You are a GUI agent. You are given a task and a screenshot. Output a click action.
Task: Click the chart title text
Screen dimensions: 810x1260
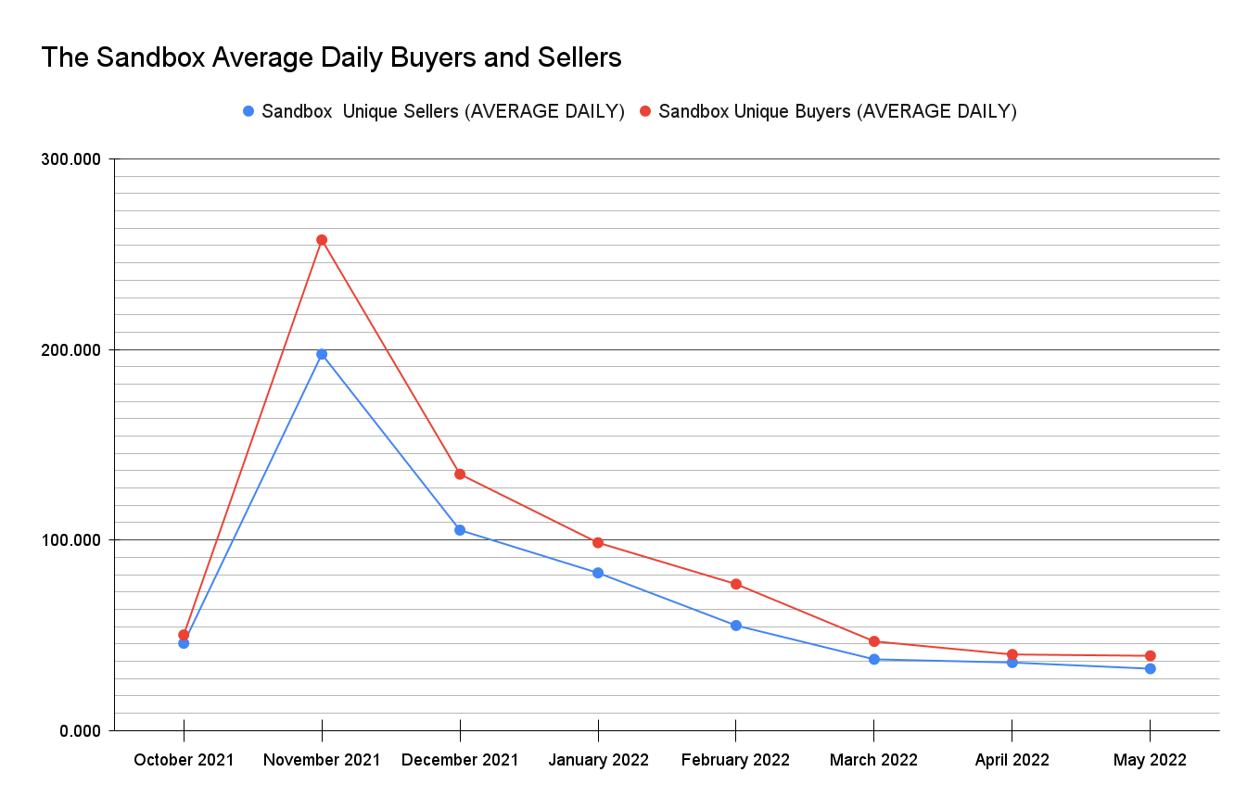click(331, 58)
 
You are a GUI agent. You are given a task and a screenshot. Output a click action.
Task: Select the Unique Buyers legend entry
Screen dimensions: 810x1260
click(837, 111)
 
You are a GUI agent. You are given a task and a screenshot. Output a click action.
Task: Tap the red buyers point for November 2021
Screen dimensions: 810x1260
click(322, 240)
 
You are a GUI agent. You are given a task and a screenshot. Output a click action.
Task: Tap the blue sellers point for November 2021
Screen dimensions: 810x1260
click(322, 354)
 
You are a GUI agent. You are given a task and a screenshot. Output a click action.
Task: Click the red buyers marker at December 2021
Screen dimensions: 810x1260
click(460, 475)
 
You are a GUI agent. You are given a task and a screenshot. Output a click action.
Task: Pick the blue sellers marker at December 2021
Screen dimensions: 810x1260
click(460, 530)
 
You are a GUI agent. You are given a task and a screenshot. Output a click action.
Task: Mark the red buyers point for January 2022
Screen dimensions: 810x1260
click(598, 542)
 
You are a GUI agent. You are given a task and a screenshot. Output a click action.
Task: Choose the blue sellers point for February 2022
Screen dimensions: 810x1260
click(736, 626)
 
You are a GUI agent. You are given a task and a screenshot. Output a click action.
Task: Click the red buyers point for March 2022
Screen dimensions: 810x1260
click(874, 641)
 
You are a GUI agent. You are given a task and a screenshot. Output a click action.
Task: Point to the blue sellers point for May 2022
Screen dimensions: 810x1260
click(1150, 668)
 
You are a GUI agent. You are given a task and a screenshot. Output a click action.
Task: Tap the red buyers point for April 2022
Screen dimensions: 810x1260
click(1012, 654)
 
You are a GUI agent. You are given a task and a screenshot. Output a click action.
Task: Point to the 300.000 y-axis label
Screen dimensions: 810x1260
click(71, 159)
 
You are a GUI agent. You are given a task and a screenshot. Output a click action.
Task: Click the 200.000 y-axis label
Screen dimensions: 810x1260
click(71, 350)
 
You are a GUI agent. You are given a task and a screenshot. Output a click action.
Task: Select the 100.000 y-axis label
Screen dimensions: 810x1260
click(71, 540)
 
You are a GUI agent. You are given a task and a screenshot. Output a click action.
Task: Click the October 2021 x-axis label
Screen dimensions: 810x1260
click(184, 760)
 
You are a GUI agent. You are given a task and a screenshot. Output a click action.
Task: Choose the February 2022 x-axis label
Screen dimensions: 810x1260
click(735, 760)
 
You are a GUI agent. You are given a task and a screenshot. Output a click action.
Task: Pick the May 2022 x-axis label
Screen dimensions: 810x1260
click(1150, 760)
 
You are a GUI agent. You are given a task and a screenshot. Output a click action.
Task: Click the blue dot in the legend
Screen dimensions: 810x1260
click(248, 111)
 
